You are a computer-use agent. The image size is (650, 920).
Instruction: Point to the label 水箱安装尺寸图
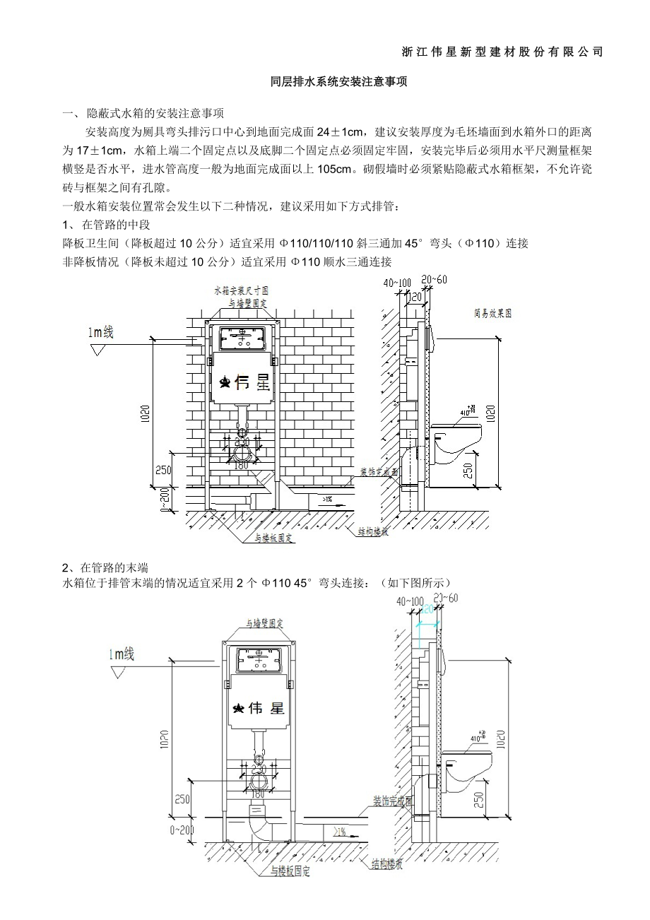pyautogui.click(x=241, y=290)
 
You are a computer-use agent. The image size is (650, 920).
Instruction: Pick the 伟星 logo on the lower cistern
pyautogui.click(x=259, y=707)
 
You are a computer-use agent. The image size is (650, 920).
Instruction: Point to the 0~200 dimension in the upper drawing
pyautogui.click(x=165, y=500)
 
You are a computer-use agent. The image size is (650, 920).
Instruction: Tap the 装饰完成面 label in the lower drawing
pyautogui.click(x=393, y=801)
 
